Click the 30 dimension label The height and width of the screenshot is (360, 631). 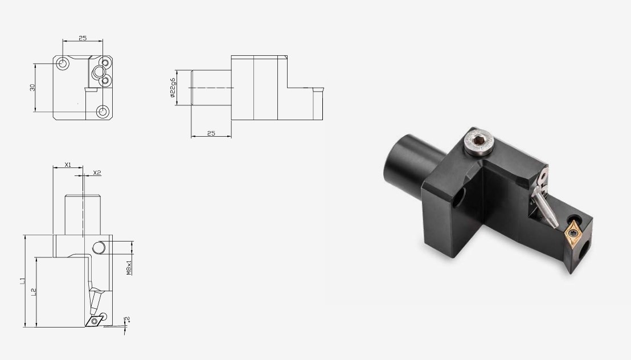[32, 87]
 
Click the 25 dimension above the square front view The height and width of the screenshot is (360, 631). [83, 38]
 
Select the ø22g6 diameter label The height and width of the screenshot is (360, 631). [173, 88]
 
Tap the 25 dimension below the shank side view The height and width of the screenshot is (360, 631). [211, 133]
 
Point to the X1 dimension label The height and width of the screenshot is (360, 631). [68, 165]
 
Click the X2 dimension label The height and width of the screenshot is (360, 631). [97, 173]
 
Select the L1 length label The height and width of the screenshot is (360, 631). [22, 281]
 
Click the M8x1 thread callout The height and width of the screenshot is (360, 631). [129, 268]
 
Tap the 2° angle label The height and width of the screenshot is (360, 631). [128, 320]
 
